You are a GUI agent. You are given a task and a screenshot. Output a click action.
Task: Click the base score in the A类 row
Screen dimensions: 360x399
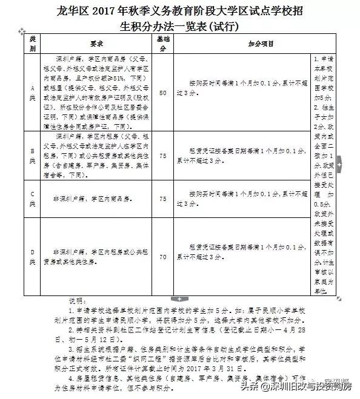[162, 93]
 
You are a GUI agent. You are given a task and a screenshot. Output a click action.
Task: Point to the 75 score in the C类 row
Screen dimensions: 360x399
[162, 199]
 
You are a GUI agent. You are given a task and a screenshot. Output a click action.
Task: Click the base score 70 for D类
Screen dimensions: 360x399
[162, 256]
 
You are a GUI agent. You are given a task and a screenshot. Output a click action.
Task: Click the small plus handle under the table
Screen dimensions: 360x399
[179, 298]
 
